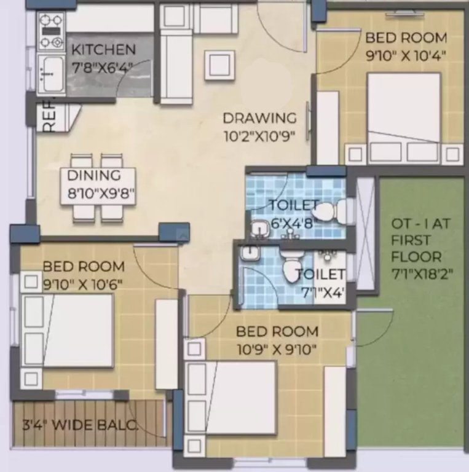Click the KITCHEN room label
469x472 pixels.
[103, 49]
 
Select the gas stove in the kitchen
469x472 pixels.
[51, 33]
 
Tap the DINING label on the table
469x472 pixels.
[101, 175]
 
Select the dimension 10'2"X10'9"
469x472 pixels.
[259, 135]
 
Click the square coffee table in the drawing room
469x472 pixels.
[219, 65]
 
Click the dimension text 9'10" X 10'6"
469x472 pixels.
[83, 284]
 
